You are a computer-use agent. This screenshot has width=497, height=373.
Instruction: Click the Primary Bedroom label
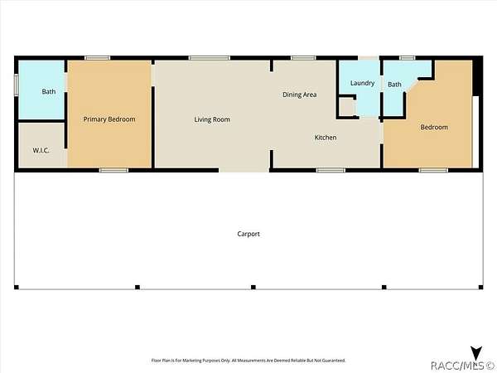[109, 119]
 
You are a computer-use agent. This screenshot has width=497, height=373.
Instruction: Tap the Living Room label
[212, 119]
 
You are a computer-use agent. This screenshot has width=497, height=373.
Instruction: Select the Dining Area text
[300, 94]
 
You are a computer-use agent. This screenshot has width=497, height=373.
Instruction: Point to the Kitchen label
[326, 138]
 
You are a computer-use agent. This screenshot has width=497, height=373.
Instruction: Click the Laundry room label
[362, 83]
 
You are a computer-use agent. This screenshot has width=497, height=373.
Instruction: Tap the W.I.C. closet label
[41, 150]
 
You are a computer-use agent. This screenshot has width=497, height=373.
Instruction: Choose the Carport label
[248, 234]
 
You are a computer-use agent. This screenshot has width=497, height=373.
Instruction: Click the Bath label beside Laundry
[394, 85]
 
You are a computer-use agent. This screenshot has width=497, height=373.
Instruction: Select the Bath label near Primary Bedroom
[49, 92]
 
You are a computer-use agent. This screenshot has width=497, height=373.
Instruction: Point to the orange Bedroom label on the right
[434, 127]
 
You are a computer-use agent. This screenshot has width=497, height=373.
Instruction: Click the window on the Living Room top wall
[210, 58]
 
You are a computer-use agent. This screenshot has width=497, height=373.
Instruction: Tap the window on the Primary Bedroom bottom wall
[113, 170]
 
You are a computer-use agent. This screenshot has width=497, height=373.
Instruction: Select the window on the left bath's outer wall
[17, 85]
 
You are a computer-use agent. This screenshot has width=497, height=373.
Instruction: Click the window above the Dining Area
[303, 58]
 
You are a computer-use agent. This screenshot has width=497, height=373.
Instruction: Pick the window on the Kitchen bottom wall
[331, 170]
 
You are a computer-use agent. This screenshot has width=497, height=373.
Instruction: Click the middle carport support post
[253, 288]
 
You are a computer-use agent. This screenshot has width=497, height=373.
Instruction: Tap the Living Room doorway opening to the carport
[244, 170]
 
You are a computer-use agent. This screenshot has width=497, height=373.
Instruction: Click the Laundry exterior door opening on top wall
[369, 58]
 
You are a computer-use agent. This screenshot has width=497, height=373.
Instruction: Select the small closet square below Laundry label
[347, 107]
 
